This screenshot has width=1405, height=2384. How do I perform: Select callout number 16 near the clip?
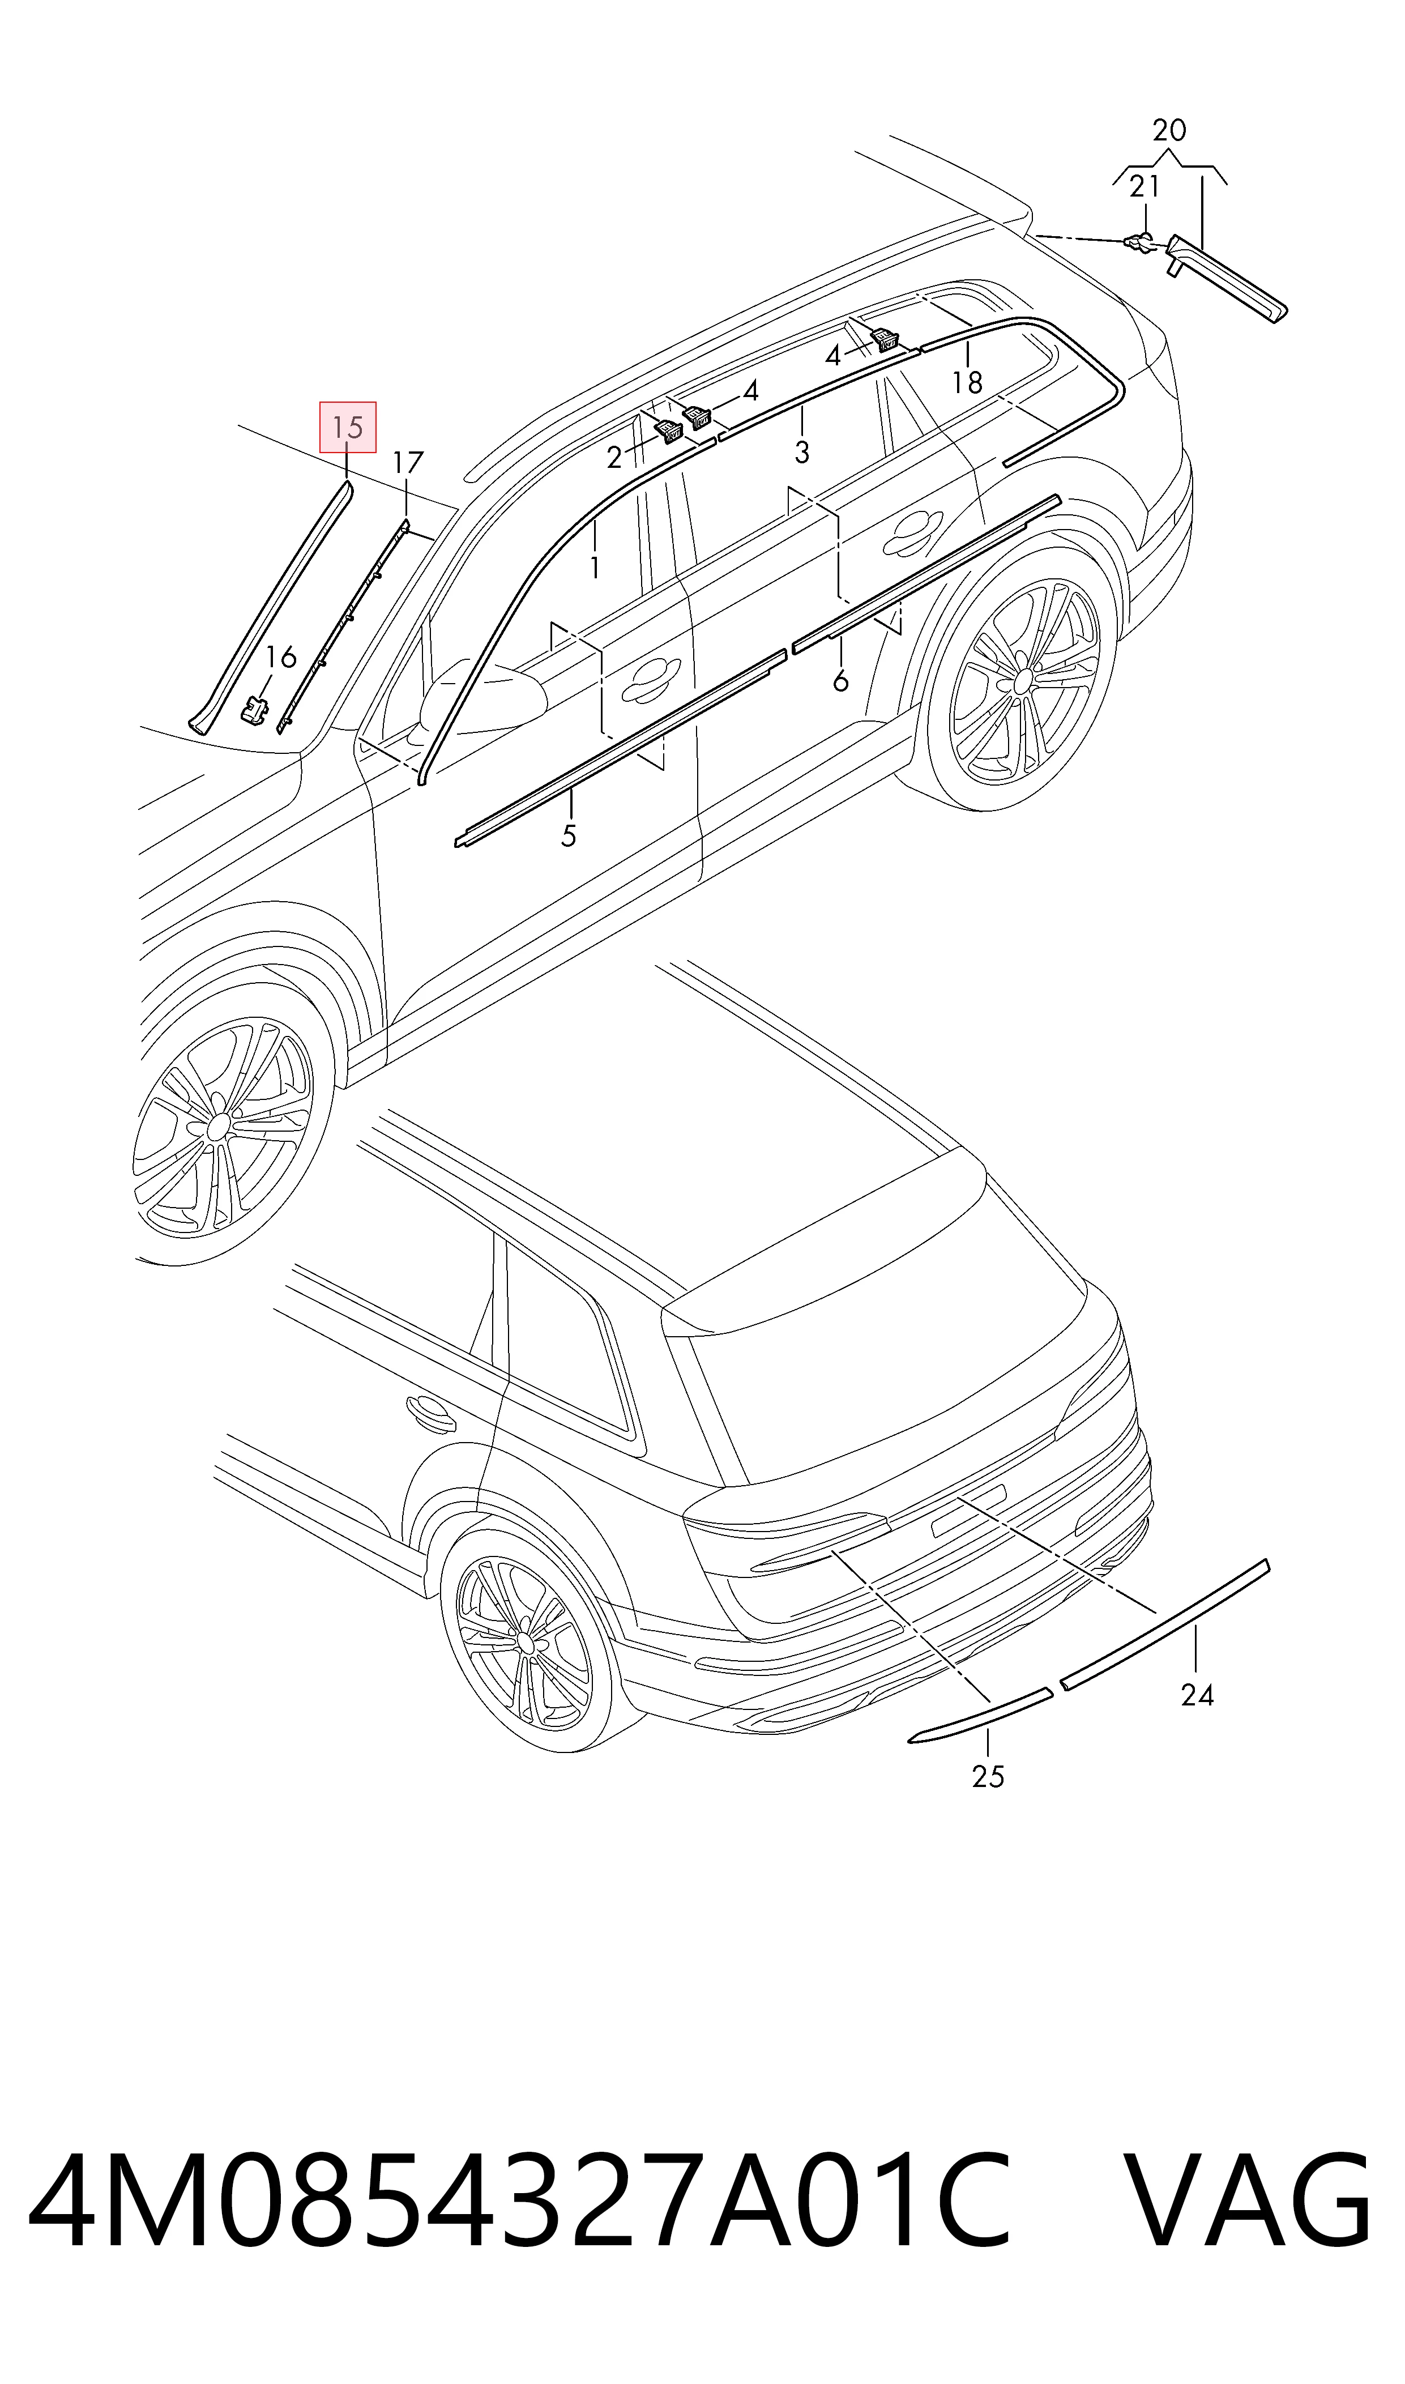[280, 656]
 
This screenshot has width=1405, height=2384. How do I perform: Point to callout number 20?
[1169, 130]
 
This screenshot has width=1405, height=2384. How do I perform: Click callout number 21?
[1144, 186]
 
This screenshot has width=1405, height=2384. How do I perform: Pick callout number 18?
[967, 382]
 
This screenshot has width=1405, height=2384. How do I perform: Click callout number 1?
[595, 567]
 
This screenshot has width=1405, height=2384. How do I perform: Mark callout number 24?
[1197, 1695]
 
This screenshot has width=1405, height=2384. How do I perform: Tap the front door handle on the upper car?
[651, 675]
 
